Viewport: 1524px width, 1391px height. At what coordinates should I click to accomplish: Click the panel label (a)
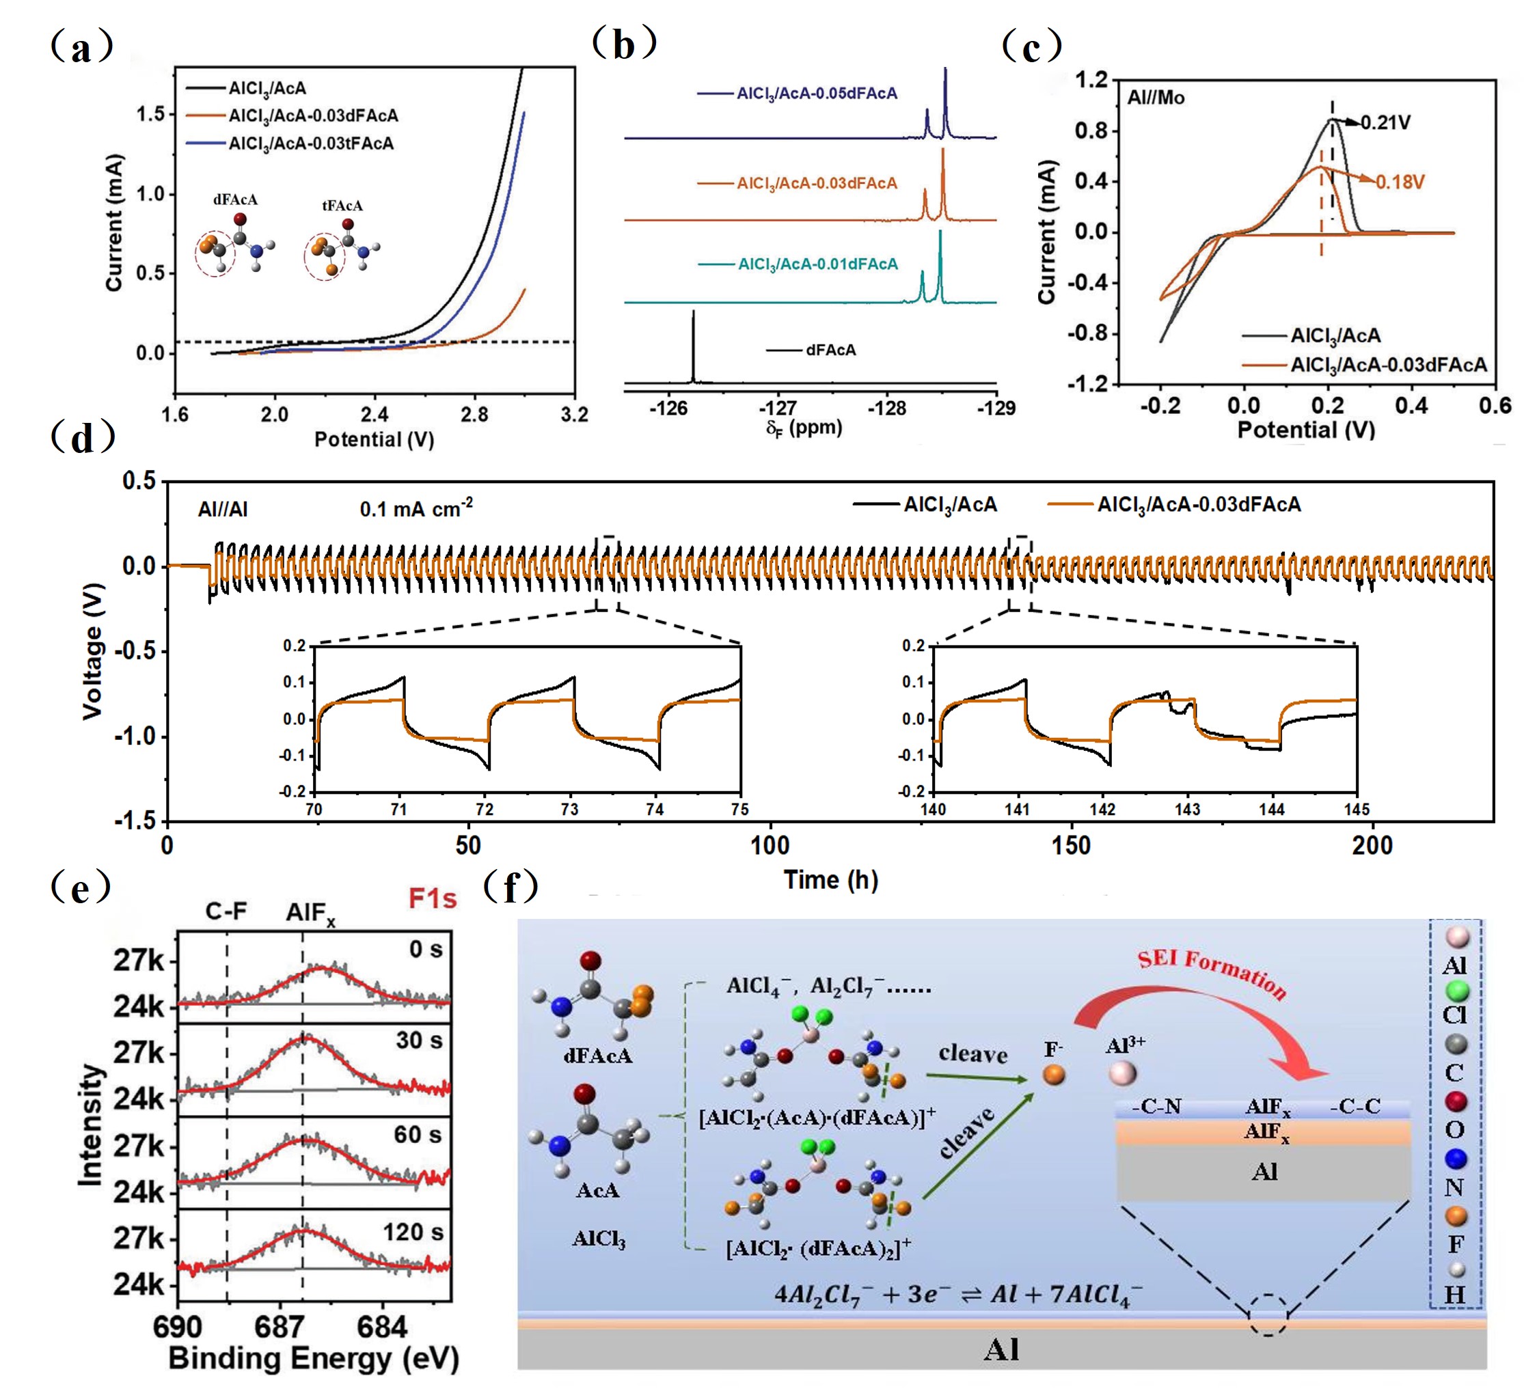[81, 48]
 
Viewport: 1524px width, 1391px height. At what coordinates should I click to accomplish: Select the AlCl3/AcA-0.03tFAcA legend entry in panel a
[311, 143]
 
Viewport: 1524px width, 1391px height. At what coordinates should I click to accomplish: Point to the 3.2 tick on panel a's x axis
[575, 415]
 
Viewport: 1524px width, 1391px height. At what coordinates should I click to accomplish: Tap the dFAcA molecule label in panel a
[235, 200]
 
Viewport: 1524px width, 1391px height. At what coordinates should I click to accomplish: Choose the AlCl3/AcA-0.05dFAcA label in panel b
[817, 94]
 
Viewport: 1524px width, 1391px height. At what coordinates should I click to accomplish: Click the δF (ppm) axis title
[804, 428]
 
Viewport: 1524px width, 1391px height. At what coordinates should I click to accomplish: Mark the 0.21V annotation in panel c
[1386, 122]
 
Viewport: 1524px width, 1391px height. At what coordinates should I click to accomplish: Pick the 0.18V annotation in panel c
[1400, 182]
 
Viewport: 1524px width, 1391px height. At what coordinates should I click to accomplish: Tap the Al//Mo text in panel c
[1156, 98]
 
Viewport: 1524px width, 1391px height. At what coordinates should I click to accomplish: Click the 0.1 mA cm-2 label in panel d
[416, 508]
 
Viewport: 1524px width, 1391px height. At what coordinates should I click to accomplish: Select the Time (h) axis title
[830, 880]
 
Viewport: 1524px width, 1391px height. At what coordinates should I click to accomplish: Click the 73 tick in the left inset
[569, 809]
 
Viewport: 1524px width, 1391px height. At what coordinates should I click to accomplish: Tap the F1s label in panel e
[433, 898]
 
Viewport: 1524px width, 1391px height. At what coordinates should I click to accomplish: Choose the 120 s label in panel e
[413, 1232]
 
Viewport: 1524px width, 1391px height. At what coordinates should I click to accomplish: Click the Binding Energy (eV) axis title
[314, 1358]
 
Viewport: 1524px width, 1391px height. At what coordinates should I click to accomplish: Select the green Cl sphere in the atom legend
[1456, 991]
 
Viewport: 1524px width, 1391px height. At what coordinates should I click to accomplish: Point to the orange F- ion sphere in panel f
[1054, 1075]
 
